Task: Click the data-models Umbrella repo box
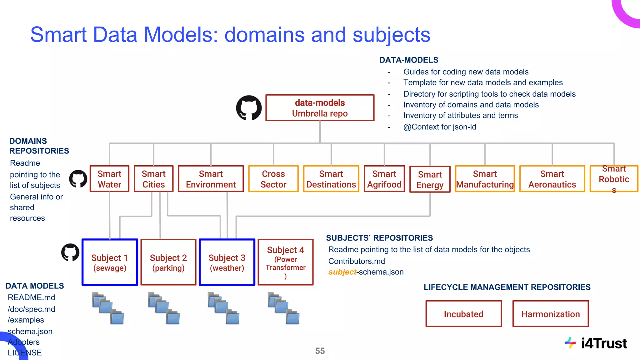[x=320, y=108]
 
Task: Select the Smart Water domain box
[x=109, y=179]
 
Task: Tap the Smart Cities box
[x=153, y=179]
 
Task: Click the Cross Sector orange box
[x=273, y=179]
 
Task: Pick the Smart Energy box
[x=430, y=179]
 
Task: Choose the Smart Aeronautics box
[x=552, y=179]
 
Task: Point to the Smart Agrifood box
[x=384, y=179]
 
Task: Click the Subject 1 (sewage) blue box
[x=110, y=262]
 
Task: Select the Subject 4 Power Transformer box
[x=285, y=262]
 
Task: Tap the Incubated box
[x=463, y=314]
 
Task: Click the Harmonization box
[x=550, y=314]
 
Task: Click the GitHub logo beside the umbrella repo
[x=249, y=108]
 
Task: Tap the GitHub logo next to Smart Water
[x=78, y=179]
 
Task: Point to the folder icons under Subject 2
[x=164, y=308]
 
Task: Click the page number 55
[x=320, y=351]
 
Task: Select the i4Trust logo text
[x=603, y=343]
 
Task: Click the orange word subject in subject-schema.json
[x=342, y=272]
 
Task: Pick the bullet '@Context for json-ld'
[x=439, y=127]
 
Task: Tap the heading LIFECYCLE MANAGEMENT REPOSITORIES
[x=507, y=287]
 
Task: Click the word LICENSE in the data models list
[x=25, y=352]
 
